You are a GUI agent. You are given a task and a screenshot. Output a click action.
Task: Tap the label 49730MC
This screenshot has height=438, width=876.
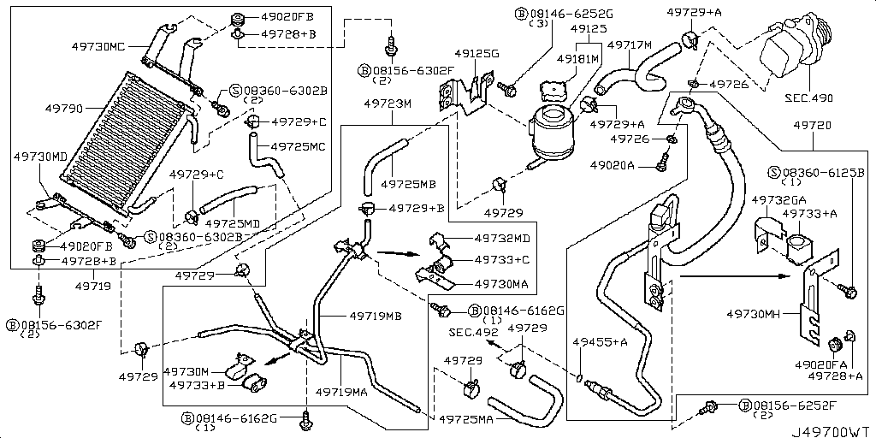92,47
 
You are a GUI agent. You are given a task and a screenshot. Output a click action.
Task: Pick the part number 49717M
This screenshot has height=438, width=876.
630,44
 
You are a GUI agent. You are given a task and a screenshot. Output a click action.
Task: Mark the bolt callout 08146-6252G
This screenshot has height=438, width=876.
559,14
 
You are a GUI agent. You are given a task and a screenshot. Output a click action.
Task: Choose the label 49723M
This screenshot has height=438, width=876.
388,104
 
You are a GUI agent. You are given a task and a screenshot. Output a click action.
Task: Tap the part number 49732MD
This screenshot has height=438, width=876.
502,238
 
